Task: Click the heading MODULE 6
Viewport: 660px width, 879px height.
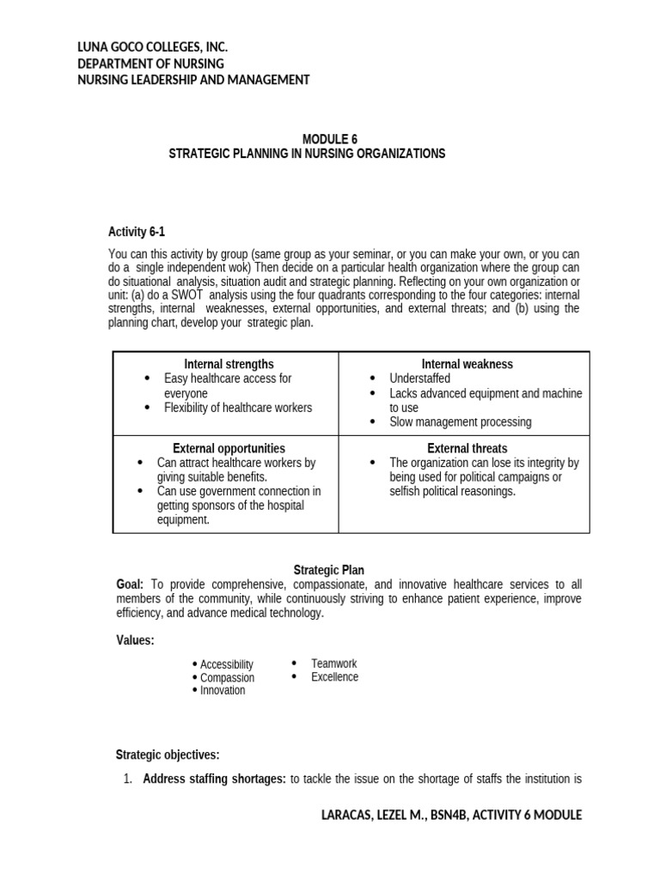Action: click(x=330, y=139)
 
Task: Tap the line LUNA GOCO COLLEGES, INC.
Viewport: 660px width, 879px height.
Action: click(x=152, y=47)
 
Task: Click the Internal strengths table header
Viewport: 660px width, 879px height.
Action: click(x=229, y=364)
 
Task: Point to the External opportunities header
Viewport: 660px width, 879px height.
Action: click(x=229, y=448)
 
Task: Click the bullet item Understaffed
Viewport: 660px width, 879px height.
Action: click(x=419, y=379)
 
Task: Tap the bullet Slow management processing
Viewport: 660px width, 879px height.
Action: click(x=461, y=422)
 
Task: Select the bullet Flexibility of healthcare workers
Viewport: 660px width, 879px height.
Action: click(x=238, y=408)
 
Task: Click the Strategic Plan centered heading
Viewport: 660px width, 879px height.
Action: click(x=329, y=569)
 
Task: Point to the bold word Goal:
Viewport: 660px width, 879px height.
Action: click(x=130, y=584)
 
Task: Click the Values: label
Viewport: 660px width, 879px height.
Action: click(x=135, y=640)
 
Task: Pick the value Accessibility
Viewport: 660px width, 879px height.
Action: click(x=227, y=664)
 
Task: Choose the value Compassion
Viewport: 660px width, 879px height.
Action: click(x=227, y=677)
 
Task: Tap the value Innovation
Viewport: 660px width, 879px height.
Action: click(x=223, y=690)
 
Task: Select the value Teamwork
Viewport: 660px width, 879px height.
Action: click(x=333, y=664)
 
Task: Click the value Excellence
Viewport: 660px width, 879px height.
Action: click(x=334, y=677)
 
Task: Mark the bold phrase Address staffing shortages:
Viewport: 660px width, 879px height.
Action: click(x=214, y=779)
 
